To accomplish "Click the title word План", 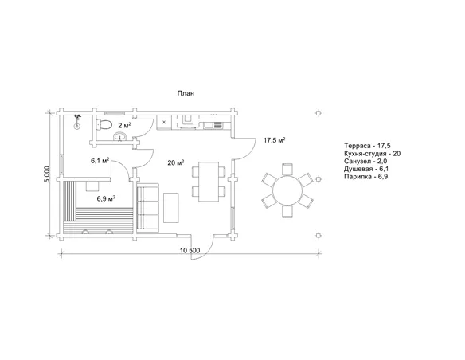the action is [186, 93].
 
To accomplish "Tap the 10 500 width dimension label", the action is [190, 251].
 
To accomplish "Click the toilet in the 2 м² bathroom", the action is [104, 124].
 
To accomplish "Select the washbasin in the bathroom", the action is [119, 137].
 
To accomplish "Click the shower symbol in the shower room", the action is [77, 122].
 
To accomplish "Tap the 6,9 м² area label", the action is [106, 198].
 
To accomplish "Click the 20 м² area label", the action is [175, 162].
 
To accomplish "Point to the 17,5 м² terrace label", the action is [275, 140].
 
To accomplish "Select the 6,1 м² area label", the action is [100, 161].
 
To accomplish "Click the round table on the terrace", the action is [287, 190].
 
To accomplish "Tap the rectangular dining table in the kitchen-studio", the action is [209, 182].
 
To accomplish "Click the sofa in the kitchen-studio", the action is [147, 206].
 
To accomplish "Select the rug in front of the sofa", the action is [171, 208].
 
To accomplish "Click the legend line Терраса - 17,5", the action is [367, 146].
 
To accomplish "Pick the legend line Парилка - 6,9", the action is [366, 177].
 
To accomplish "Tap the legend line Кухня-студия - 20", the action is [372, 154].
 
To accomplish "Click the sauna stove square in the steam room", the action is [92, 186].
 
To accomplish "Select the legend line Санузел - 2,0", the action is [365, 162].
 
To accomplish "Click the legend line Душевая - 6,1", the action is [366, 169].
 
